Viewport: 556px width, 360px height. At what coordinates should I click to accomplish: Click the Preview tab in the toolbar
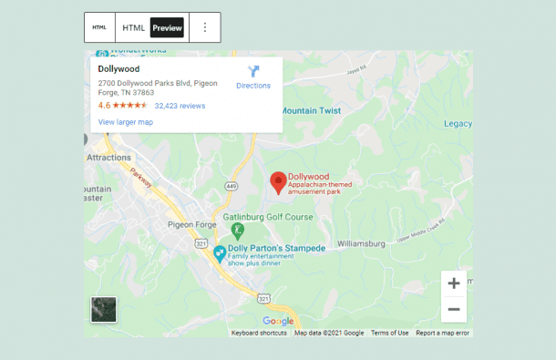coord(167,27)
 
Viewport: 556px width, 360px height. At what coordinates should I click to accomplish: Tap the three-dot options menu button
coord(204,27)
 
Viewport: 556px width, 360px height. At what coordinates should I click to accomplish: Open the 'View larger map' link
coord(125,121)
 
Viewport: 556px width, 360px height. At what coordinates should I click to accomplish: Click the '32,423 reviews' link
coord(180,106)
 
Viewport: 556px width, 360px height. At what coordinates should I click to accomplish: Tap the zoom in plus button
coord(453,283)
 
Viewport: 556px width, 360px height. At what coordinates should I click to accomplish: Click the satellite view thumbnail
coord(104,310)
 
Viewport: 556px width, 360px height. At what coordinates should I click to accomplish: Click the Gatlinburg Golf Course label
coord(268,217)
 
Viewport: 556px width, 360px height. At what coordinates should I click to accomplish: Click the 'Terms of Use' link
coord(389,333)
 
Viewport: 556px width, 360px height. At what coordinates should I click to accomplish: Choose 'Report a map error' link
coord(443,333)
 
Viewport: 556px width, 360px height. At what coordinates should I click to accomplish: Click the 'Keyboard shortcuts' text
coord(259,333)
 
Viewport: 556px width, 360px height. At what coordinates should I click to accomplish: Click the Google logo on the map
coord(278,321)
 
